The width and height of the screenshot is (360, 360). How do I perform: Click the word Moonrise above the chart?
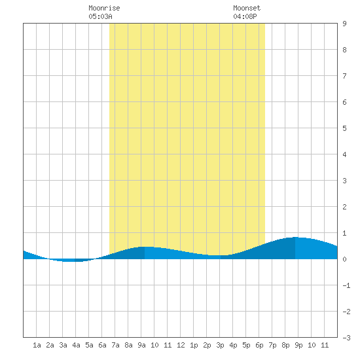[104, 8]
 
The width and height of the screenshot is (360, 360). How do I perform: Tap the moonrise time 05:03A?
[100, 16]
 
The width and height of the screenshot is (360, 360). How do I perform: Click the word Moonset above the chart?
[247, 8]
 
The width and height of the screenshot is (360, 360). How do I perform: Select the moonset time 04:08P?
[245, 16]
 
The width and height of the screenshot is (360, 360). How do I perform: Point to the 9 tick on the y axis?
[344, 24]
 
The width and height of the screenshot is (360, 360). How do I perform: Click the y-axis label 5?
[344, 128]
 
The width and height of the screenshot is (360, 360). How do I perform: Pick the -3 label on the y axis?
[346, 338]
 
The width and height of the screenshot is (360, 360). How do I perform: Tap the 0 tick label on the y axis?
[344, 259]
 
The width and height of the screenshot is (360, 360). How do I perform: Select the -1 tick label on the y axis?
[346, 285]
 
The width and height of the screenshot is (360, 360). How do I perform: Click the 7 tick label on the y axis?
[344, 76]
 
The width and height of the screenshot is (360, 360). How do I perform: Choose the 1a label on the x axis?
[37, 345]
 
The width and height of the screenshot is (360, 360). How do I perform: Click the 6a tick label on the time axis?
[102, 345]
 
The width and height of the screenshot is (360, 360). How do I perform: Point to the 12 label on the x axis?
[181, 345]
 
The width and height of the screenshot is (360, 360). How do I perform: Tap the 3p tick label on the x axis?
[220, 345]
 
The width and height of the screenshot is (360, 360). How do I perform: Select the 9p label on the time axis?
[298, 345]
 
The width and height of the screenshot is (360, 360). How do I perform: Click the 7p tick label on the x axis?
[272, 345]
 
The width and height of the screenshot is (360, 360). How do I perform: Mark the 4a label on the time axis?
[76, 345]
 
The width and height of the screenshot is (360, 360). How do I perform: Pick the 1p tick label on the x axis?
[194, 345]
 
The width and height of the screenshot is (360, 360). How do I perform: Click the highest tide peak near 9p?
[296, 237]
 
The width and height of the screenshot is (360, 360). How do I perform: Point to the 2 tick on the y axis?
[344, 207]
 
